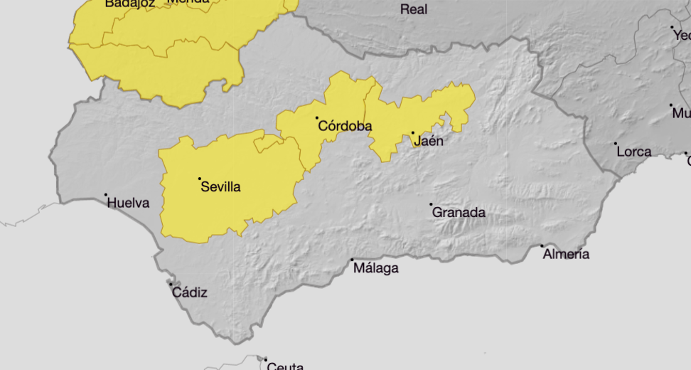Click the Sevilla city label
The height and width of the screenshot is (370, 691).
(x=221, y=187)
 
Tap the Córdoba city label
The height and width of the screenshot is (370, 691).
(x=345, y=127)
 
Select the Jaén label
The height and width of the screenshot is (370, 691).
(x=428, y=141)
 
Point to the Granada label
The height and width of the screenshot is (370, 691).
(x=459, y=212)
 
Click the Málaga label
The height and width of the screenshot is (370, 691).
(x=376, y=268)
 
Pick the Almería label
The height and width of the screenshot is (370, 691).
(x=566, y=254)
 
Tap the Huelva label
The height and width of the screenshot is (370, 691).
(x=128, y=203)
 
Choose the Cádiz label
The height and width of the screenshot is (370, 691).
(x=190, y=292)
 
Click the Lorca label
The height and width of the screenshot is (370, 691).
(x=634, y=152)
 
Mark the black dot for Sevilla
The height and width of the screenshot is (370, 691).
(x=200, y=179)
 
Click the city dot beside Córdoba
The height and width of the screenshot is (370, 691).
(x=317, y=118)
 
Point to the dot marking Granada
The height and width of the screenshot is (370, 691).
(x=431, y=204)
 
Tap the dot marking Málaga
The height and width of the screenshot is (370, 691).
(x=352, y=260)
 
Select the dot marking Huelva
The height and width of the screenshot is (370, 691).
(x=106, y=195)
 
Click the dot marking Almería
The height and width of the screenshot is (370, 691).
(x=542, y=246)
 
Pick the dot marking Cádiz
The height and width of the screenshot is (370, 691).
(x=171, y=285)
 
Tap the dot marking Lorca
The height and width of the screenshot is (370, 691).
(x=616, y=144)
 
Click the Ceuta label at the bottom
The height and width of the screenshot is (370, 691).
(x=285, y=366)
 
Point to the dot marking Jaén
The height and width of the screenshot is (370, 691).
(x=412, y=133)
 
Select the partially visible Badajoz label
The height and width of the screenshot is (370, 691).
(x=129, y=4)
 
